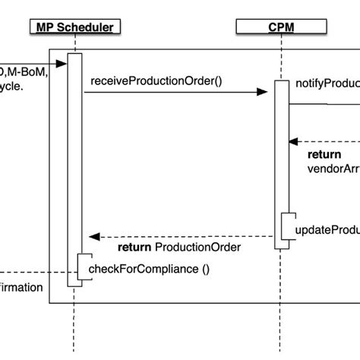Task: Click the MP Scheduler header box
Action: [x=74, y=28]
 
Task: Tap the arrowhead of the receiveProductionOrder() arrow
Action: [x=263, y=93]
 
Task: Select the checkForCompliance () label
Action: [x=149, y=269]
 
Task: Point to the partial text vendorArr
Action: [x=333, y=168]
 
